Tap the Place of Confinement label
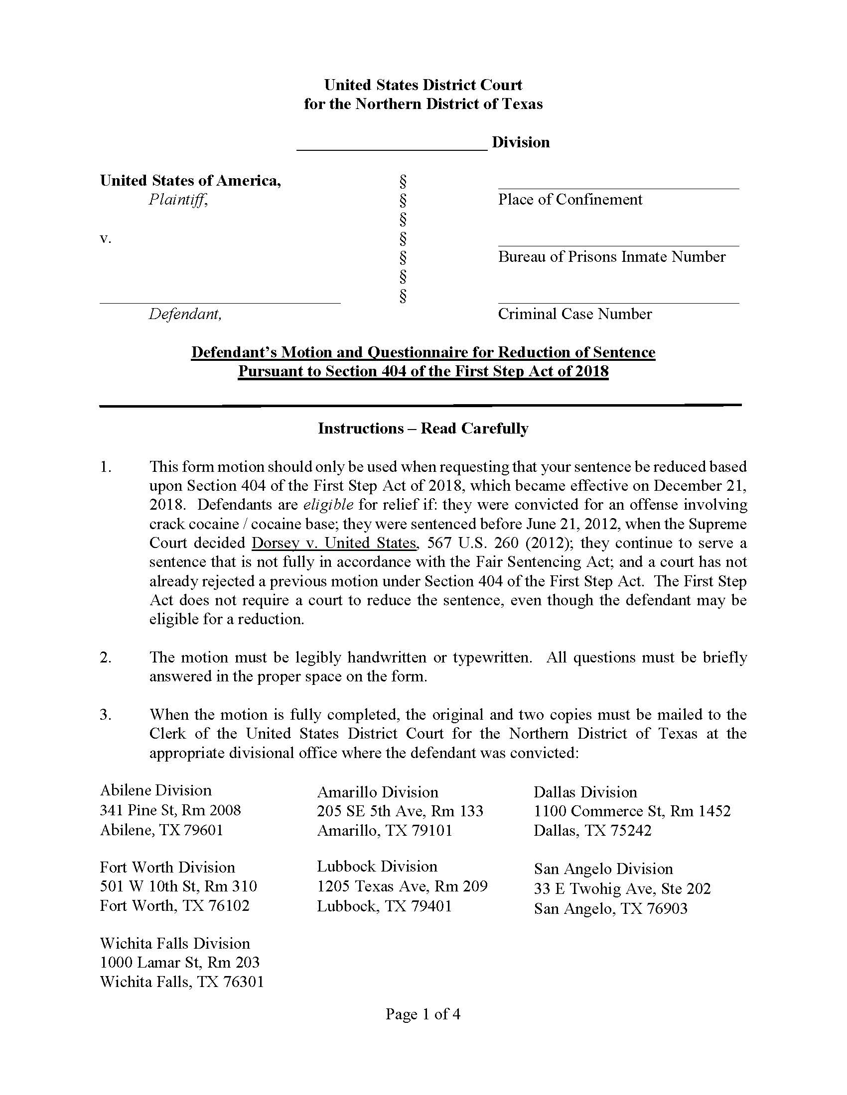tap(570, 200)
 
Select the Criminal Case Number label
tap(574, 314)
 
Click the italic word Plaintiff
tap(178, 200)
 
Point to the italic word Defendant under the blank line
tap(185, 314)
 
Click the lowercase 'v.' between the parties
tap(105, 238)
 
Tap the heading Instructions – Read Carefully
tap(423, 428)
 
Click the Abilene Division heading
tap(155, 790)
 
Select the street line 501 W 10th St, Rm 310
tap(178, 886)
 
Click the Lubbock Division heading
tap(377, 866)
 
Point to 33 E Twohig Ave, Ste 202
tap(622, 888)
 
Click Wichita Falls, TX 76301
tap(182, 982)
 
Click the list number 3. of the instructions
tap(105, 714)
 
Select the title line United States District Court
tap(423, 85)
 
